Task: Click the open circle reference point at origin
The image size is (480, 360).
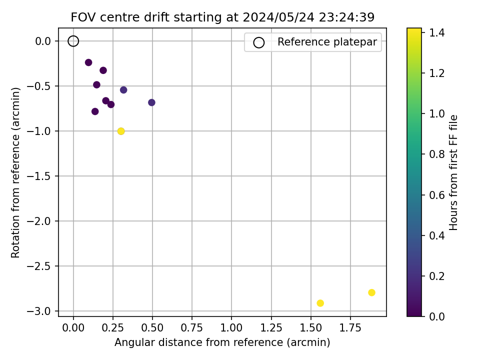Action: click(x=73, y=41)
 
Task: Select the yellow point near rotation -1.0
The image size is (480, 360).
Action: click(x=121, y=131)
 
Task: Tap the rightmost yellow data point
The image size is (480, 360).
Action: click(x=371, y=292)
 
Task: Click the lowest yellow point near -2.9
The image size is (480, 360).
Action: click(x=320, y=303)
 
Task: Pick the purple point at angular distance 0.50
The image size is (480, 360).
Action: click(x=151, y=102)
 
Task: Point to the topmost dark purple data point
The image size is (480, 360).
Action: click(x=88, y=62)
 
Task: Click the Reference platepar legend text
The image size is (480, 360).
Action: click(x=327, y=42)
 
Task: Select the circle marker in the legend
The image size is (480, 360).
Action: click(x=258, y=42)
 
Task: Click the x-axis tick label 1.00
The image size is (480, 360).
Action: click(x=231, y=329)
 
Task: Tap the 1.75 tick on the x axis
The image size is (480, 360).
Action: click(x=350, y=329)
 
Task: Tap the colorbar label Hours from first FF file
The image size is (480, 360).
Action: click(x=454, y=172)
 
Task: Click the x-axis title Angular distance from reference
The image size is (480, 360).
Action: click(x=222, y=342)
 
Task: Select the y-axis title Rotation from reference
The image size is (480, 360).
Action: click(x=16, y=172)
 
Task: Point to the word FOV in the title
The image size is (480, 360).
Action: click(x=81, y=17)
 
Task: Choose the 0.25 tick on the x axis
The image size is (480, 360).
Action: click(x=113, y=329)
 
